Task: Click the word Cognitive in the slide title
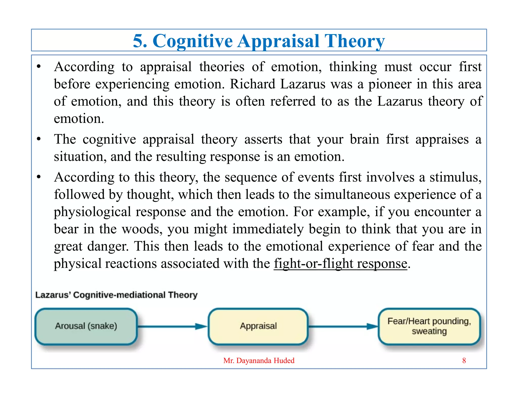pyautogui.click(x=192, y=41)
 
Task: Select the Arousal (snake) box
pyautogui.click(x=86, y=326)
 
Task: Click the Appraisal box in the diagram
pyautogui.click(x=258, y=326)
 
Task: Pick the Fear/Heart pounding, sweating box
pyautogui.click(x=429, y=326)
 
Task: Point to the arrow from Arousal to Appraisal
pyautogui.click(x=172, y=326)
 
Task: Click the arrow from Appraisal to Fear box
pyautogui.click(x=343, y=326)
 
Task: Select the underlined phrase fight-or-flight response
pyautogui.click(x=340, y=264)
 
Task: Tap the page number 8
pyautogui.click(x=464, y=361)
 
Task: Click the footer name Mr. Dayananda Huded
pyautogui.click(x=259, y=361)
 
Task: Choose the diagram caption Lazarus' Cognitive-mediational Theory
pyautogui.click(x=116, y=295)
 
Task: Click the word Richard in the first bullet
pyautogui.click(x=252, y=84)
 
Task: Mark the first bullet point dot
pyautogui.click(x=39, y=67)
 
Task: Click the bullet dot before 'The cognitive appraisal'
pyautogui.click(x=39, y=139)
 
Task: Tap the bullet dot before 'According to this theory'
pyautogui.click(x=39, y=177)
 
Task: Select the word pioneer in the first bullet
pyautogui.click(x=390, y=84)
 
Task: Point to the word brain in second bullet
pyautogui.click(x=364, y=139)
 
